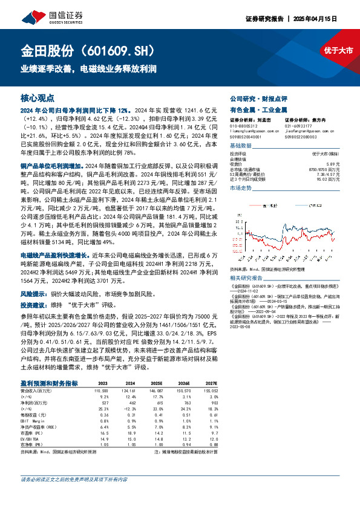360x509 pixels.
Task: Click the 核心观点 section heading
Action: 38,97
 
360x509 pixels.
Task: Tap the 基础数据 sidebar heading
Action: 241,147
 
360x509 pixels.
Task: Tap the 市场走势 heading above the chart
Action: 241,189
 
